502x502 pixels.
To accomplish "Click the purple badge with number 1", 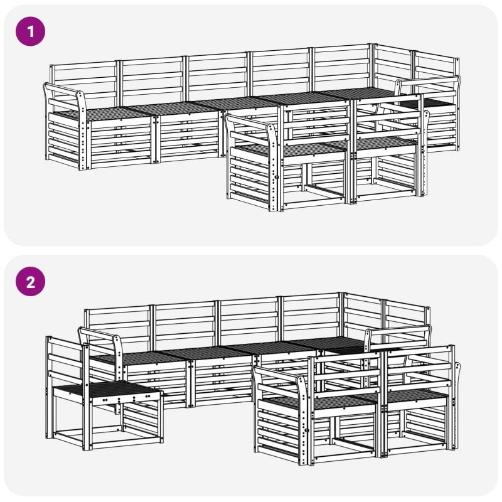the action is (x=30, y=31).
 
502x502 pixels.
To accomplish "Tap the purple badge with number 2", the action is (x=30, y=282).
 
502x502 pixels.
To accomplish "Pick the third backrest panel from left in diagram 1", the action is (x=216, y=76).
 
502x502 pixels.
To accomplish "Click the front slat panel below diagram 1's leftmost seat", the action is (x=120, y=142).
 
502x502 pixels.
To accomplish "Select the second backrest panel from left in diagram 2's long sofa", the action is (x=184, y=323).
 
